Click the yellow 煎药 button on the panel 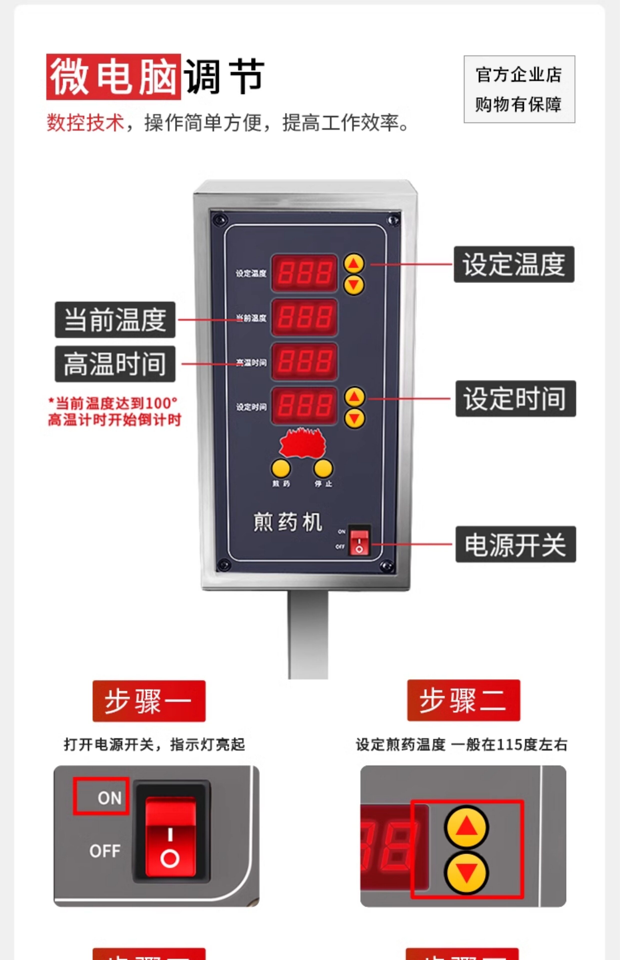(x=281, y=468)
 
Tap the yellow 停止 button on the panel (x=323, y=468)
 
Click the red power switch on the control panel (x=359, y=541)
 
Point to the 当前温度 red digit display (x=304, y=317)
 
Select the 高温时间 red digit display (x=304, y=361)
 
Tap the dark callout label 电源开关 (x=515, y=544)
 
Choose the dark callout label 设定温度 (x=514, y=264)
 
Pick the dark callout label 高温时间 (x=115, y=364)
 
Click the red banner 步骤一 (x=149, y=701)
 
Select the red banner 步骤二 (x=463, y=700)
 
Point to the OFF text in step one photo (x=105, y=850)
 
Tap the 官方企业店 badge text (x=519, y=75)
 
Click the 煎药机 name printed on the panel (x=288, y=522)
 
